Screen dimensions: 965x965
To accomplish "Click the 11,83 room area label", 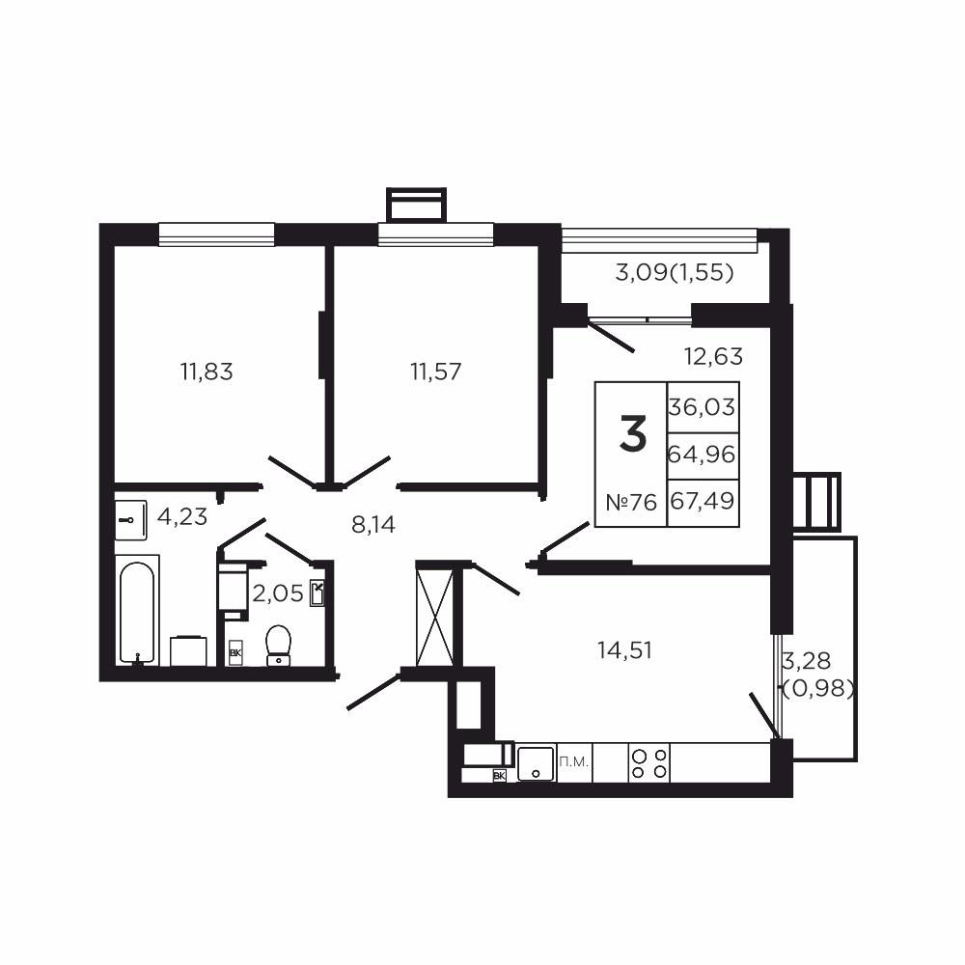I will pyautogui.click(x=207, y=371).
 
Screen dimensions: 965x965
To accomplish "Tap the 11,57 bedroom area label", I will pyautogui.click(x=434, y=371).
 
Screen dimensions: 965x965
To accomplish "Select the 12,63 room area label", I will pyautogui.click(x=713, y=356).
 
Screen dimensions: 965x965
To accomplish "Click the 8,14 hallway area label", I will pyautogui.click(x=373, y=525).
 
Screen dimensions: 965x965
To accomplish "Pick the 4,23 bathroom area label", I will pyautogui.click(x=182, y=516).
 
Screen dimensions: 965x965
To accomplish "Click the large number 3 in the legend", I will pyautogui.click(x=632, y=434).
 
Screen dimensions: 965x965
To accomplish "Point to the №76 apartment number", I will pyautogui.click(x=631, y=503).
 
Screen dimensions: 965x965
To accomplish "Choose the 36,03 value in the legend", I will pyautogui.click(x=703, y=407).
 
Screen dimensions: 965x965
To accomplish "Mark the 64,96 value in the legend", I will pyautogui.click(x=703, y=453).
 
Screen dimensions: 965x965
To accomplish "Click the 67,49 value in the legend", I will pyautogui.click(x=703, y=503).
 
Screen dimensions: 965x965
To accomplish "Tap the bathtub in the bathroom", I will pyautogui.click(x=137, y=613).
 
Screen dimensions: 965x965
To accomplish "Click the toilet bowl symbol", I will pyautogui.click(x=279, y=645).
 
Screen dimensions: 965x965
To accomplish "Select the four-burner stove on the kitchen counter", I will pyautogui.click(x=648, y=763).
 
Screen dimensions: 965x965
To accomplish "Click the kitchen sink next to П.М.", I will pyautogui.click(x=536, y=763).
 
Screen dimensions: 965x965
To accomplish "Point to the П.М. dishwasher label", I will pyautogui.click(x=574, y=762).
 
